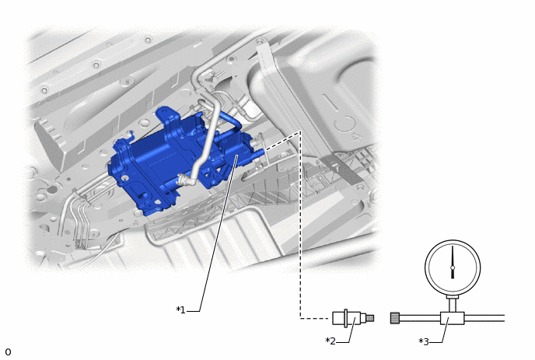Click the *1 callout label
point(180,309)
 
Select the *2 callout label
point(330,341)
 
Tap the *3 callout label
point(424,341)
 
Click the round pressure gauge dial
point(453,267)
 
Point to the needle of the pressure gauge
point(453,262)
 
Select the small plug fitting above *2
point(353,318)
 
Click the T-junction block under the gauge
point(452,318)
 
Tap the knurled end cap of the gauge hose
point(395,318)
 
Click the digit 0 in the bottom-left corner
point(8,351)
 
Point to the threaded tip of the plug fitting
point(370,318)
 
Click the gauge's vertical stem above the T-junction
point(453,304)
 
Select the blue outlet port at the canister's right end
point(258,152)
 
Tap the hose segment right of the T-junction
point(484,318)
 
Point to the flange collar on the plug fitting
point(346,318)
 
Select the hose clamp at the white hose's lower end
point(184,179)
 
